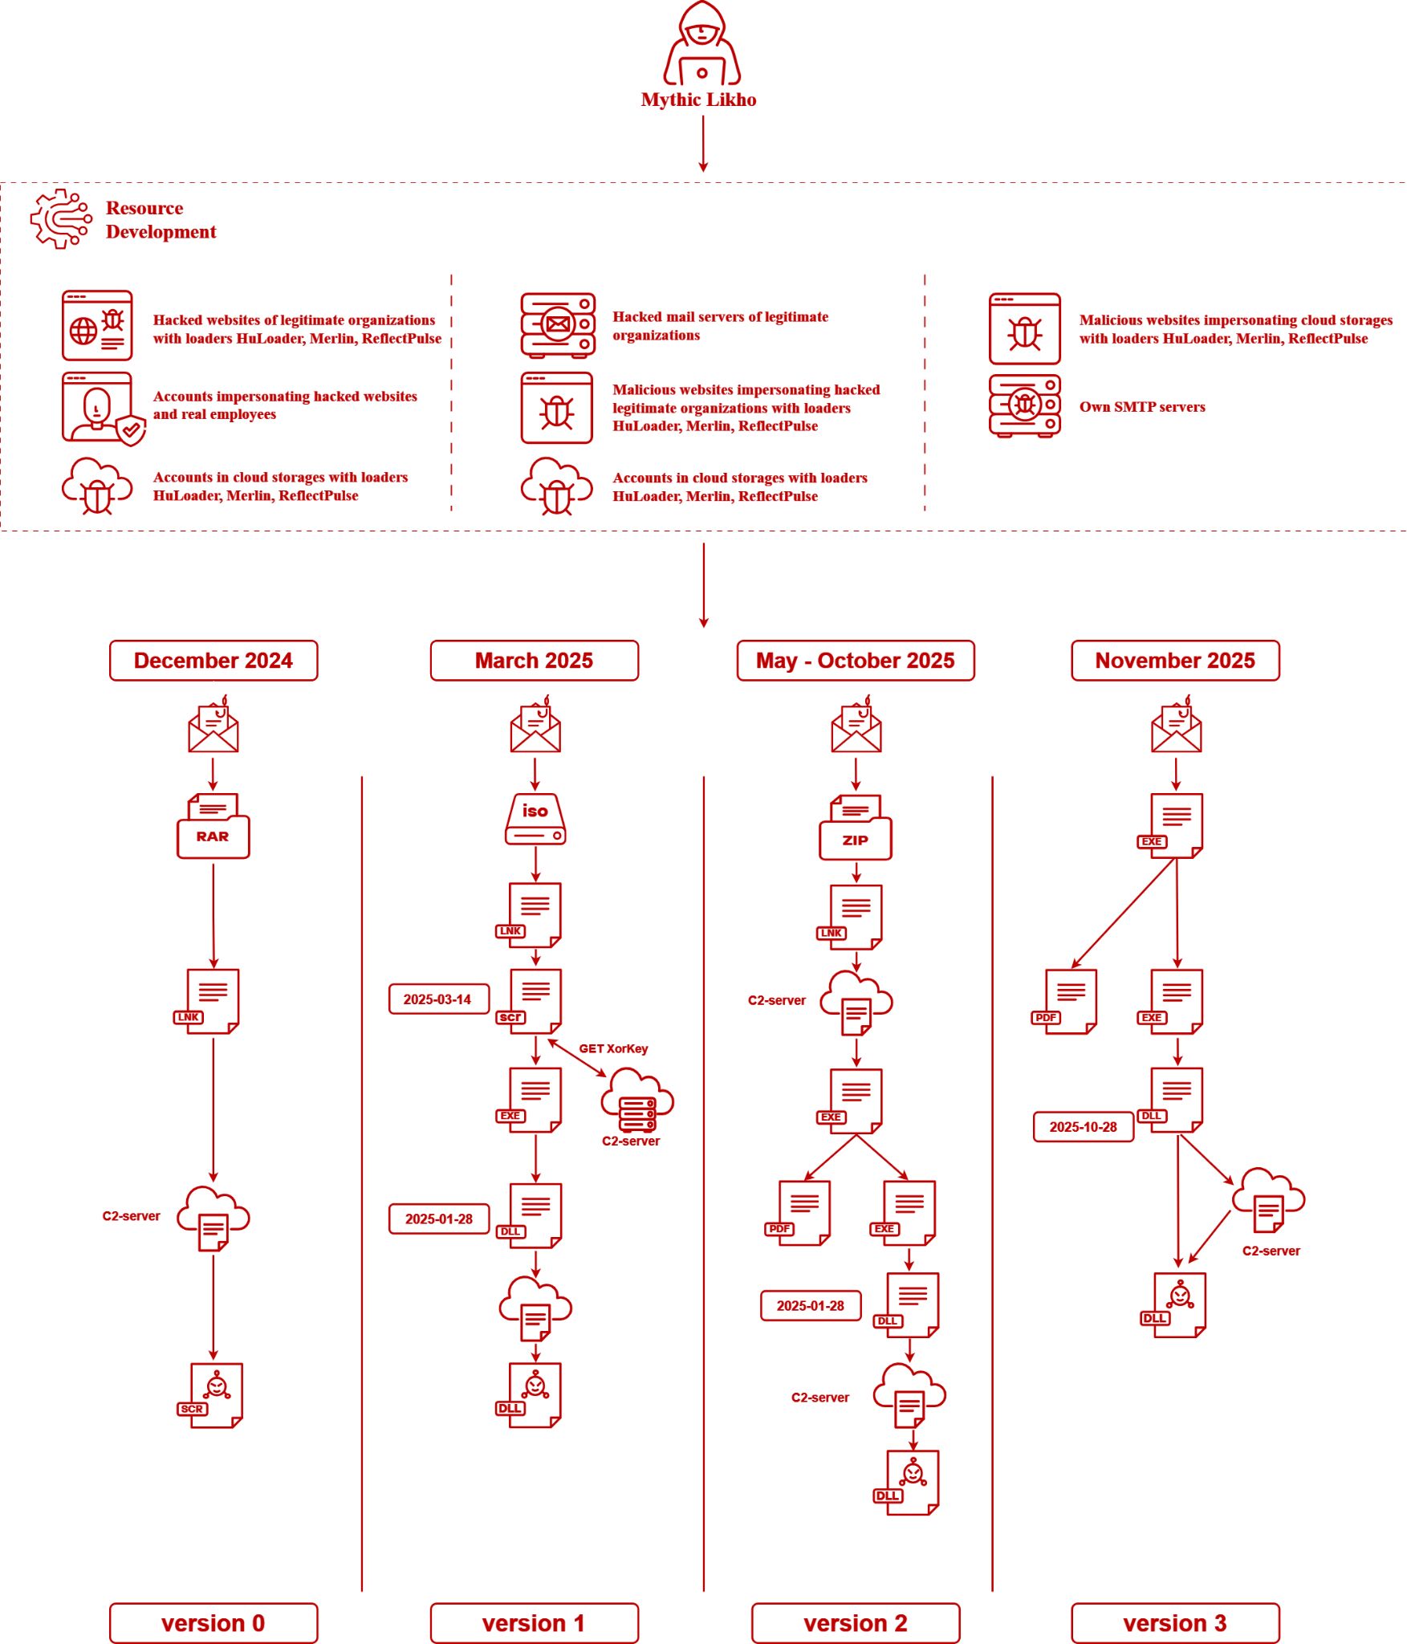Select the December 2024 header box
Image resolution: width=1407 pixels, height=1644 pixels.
click(x=213, y=661)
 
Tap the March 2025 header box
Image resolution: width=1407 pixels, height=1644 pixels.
click(x=535, y=661)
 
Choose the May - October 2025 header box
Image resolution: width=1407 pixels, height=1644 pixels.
click(x=856, y=661)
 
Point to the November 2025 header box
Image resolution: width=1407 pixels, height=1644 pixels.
click(x=1176, y=661)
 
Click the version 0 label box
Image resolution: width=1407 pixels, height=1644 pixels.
click(x=213, y=1623)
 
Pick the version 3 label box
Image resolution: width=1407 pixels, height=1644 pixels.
click(x=1176, y=1623)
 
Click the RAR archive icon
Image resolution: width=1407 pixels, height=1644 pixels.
click(x=213, y=826)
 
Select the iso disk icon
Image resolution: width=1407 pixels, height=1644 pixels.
click(x=535, y=820)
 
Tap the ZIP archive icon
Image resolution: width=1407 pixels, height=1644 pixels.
click(x=856, y=828)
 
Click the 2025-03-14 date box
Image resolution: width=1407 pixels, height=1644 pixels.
click(x=439, y=999)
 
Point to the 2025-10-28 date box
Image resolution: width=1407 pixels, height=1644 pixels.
click(x=1084, y=1127)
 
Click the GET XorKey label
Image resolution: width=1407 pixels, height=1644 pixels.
click(x=613, y=1048)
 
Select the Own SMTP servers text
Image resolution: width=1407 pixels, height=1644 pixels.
click(x=1142, y=407)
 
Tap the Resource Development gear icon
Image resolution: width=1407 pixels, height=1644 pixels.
click(x=61, y=219)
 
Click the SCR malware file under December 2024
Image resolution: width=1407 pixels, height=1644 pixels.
click(x=211, y=1395)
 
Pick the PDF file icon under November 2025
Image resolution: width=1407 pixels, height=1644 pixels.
click(x=1065, y=1002)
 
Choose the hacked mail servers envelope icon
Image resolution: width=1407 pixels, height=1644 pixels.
click(x=558, y=325)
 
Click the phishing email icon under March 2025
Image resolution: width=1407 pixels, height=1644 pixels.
click(x=535, y=724)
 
